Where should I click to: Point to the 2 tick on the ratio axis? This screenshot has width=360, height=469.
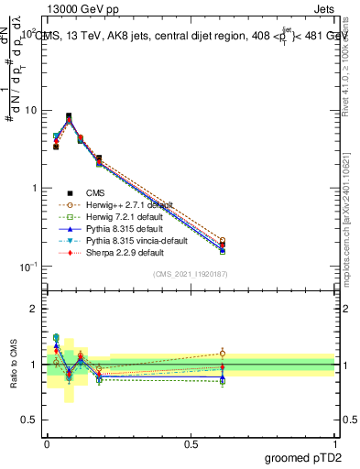34,309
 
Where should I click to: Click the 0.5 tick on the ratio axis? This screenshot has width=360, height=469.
30,420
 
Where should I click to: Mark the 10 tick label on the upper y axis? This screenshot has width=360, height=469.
29,111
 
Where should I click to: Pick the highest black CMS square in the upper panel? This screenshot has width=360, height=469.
69,116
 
